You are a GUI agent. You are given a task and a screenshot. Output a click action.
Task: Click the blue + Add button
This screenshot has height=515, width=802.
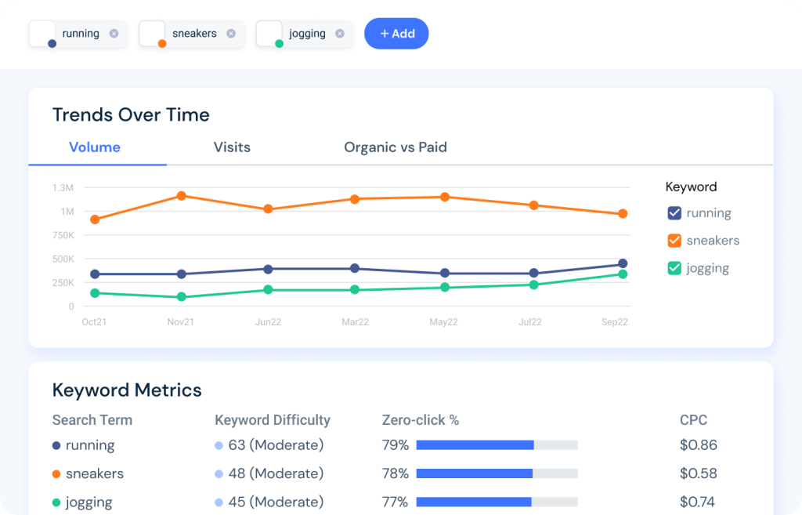pos(396,34)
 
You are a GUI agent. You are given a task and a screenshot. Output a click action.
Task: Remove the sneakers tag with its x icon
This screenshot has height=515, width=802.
pos(231,34)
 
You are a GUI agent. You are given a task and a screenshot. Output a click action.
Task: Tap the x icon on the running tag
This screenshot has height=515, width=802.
pos(114,34)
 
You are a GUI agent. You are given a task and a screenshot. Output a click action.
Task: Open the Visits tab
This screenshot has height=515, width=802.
pos(232,147)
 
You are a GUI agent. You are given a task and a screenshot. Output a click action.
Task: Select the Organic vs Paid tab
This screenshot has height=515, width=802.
pos(396,147)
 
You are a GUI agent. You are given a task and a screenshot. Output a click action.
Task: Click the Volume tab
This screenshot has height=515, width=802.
pos(95,147)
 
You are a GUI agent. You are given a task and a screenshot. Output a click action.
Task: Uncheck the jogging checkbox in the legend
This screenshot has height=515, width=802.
pos(674,268)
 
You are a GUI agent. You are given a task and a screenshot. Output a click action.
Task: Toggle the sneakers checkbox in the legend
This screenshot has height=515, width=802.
pos(674,241)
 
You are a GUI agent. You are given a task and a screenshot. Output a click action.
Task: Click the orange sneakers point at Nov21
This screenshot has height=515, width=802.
pos(182,196)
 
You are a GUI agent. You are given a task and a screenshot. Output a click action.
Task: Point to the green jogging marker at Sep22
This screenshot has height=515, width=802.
pos(623,274)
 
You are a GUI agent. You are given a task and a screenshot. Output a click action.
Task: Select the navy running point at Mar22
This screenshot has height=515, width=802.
pos(355,268)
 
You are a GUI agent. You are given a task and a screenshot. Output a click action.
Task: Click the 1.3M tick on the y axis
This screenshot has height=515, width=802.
pos(63,188)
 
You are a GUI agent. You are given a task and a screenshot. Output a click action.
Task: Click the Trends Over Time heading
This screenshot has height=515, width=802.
pos(131,115)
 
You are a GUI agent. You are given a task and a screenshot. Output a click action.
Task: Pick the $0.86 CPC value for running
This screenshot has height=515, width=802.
pos(698,445)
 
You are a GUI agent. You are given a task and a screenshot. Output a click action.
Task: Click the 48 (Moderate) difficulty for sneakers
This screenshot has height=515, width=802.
pos(276,473)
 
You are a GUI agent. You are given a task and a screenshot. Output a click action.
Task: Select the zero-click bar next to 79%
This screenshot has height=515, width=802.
pos(497,445)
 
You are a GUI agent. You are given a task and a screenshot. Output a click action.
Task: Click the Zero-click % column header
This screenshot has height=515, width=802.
pos(420,420)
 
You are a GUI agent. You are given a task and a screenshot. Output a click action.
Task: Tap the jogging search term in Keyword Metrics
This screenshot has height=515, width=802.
pos(89,502)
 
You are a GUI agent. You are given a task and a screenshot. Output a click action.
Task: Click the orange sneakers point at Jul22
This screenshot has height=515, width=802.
pos(534,205)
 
